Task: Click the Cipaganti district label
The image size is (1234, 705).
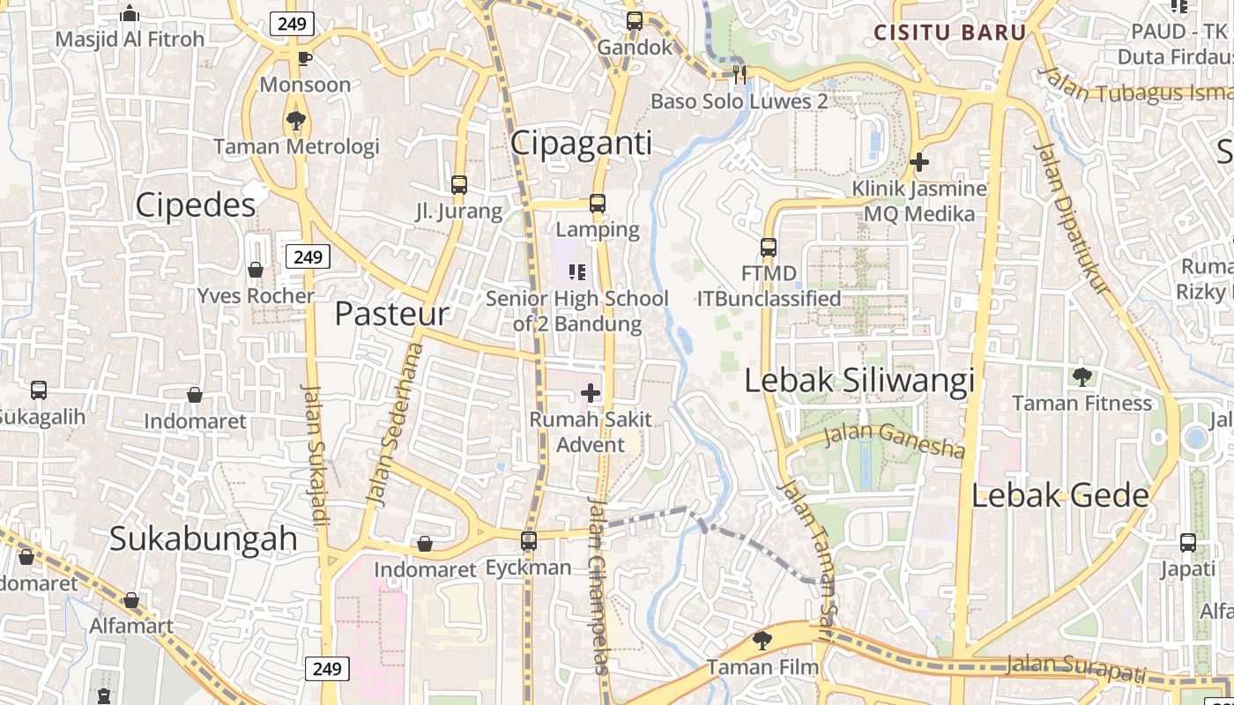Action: coord(581,143)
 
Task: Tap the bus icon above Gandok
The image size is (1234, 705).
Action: coord(635,21)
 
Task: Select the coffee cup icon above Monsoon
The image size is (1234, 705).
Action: coord(304,59)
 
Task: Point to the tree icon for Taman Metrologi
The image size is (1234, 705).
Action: coord(296,121)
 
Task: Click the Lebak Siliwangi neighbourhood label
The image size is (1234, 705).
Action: coord(859,381)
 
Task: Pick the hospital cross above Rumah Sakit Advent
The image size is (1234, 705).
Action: coord(591,393)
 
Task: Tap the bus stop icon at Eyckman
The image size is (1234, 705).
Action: coord(529,541)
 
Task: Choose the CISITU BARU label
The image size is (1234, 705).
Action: coord(949,33)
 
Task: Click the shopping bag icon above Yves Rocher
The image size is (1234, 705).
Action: coord(256,270)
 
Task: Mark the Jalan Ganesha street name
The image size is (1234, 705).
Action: coord(895,441)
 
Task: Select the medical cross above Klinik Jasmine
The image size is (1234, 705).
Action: coord(919,162)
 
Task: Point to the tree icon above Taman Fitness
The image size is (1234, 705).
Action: coord(1082,377)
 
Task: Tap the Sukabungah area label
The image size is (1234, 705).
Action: coord(204,538)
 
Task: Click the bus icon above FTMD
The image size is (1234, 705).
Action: coord(769,248)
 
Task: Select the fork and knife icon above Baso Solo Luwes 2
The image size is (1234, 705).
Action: coord(740,75)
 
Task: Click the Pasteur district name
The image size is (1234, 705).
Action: coord(391,314)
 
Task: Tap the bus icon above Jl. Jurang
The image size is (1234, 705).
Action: coord(459,185)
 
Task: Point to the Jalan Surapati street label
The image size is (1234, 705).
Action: coord(1076,667)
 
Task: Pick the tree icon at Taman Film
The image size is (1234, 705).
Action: coord(762,641)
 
